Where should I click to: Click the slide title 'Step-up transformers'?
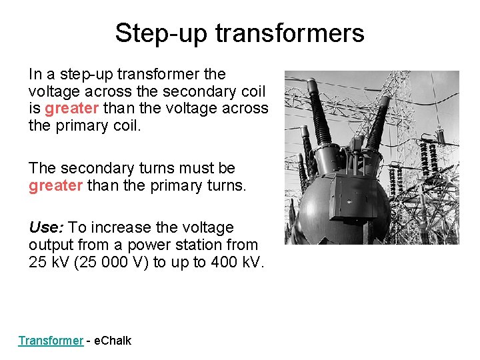[x=239, y=33]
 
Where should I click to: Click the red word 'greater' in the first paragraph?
[x=72, y=108]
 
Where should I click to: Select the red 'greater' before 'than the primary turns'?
[x=55, y=185]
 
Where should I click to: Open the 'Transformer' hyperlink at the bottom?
[x=51, y=341]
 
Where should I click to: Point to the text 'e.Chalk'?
[x=113, y=341]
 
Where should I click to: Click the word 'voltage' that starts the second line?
[x=53, y=91]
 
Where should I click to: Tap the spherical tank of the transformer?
[x=333, y=213]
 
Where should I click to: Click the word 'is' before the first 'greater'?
[x=35, y=108]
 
